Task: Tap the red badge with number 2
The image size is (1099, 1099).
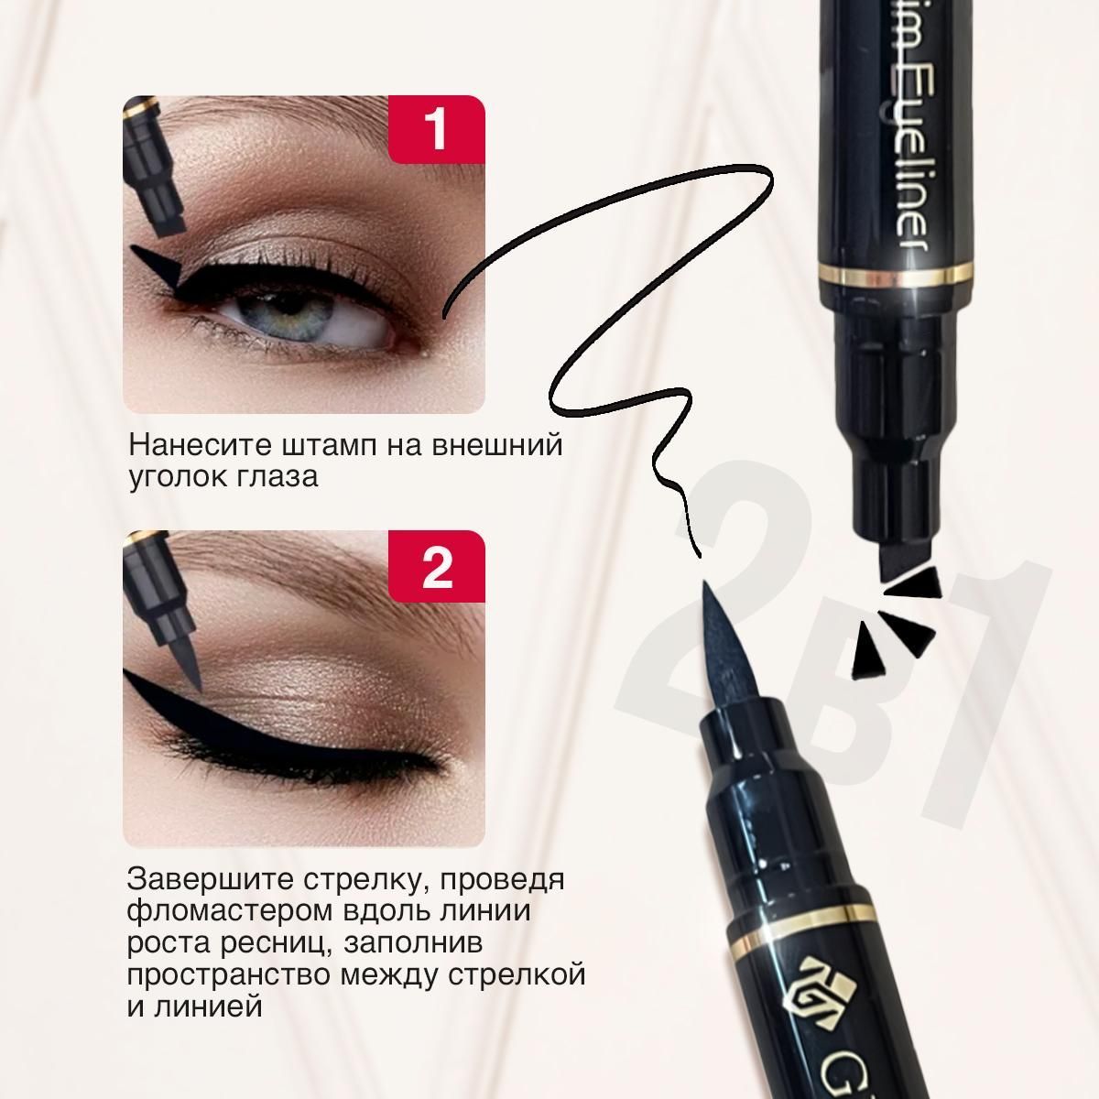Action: (x=436, y=566)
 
